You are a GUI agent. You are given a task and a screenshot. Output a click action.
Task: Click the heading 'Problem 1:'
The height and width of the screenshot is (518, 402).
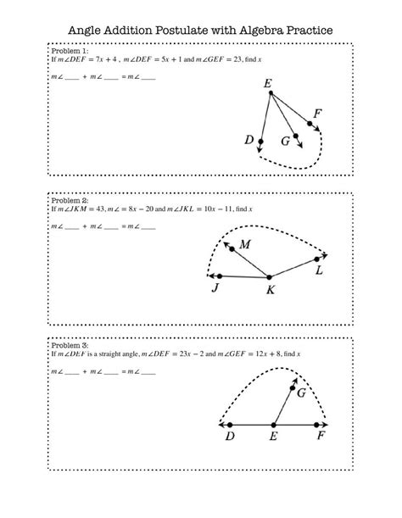click(x=69, y=51)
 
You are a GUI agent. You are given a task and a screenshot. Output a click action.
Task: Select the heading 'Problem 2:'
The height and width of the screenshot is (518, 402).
click(x=69, y=200)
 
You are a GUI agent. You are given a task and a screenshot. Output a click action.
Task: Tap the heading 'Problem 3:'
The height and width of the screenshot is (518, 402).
click(x=69, y=346)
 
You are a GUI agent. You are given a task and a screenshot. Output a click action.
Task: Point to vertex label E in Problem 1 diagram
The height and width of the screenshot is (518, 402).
click(x=268, y=85)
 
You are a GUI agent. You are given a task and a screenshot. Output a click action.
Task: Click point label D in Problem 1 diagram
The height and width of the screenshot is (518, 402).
click(x=249, y=141)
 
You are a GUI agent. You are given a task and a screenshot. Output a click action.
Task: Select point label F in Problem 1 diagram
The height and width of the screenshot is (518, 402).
click(x=317, y=114)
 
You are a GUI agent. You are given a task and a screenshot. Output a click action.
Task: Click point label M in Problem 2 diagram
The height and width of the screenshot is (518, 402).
click(x=245, y=245)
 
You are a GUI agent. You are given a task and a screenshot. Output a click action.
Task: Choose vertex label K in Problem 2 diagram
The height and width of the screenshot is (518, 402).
click(x=271, y=290)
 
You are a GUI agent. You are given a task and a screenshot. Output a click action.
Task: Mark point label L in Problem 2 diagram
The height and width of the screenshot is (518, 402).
click(x=319, y=270)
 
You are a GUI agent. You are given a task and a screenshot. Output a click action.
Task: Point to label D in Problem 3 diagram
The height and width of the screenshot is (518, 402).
click(x=230, y=437)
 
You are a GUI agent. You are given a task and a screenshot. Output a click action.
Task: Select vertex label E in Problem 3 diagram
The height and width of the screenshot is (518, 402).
click(x=273, y=437)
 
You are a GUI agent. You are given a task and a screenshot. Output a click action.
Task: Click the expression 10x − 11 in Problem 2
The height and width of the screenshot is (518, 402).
click(x=225, y=209)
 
